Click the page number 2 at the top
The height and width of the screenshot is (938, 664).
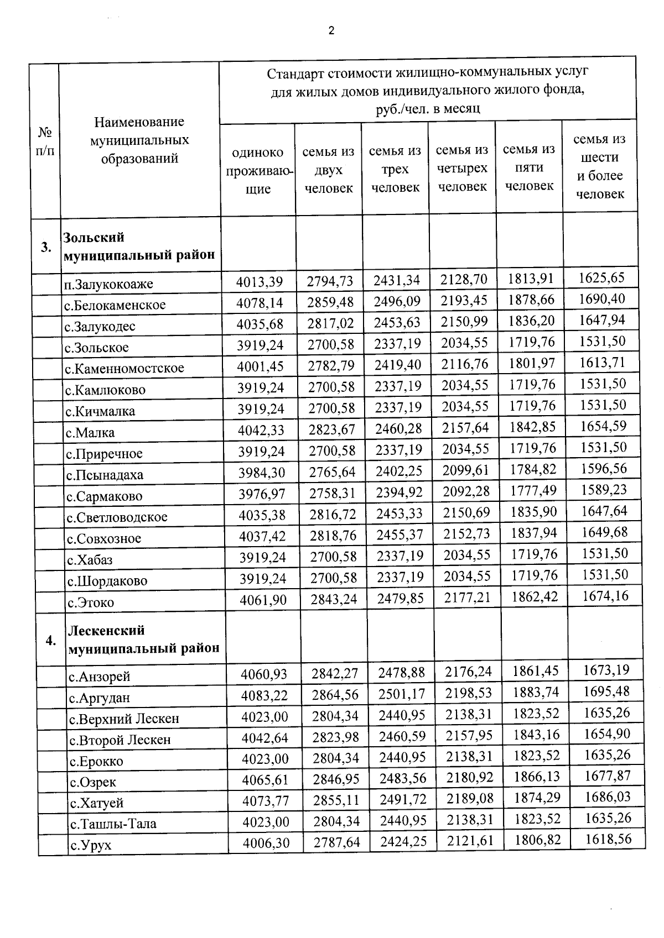331,31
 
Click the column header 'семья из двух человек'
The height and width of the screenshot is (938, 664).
328,170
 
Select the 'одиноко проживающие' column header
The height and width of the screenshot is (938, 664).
257,170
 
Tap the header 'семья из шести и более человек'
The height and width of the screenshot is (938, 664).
600,166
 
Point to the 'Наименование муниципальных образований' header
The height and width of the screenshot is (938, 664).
139,140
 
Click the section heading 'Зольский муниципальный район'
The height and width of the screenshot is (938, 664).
139,246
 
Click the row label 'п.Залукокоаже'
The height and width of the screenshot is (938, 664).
108,284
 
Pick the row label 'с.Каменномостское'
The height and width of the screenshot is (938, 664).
124,368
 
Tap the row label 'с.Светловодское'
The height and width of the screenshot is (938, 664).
117,517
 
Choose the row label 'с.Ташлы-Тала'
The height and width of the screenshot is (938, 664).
113,824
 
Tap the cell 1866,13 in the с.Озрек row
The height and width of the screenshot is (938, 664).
536,777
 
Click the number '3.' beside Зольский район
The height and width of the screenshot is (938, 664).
46,247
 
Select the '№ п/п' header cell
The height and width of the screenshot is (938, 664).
45,141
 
